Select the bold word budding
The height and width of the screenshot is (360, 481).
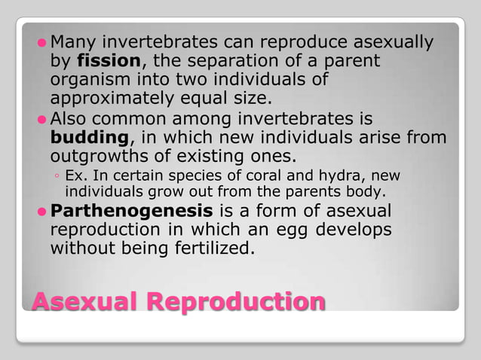click(90, 139)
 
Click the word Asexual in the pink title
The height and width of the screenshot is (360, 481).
click(84, 301)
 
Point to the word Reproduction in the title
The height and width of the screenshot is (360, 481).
click(236, 301)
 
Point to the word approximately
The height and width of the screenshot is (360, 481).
click(115, 99)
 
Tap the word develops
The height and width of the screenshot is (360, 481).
click(361, 230)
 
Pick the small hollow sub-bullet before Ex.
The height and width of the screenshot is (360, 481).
click(58, 176)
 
